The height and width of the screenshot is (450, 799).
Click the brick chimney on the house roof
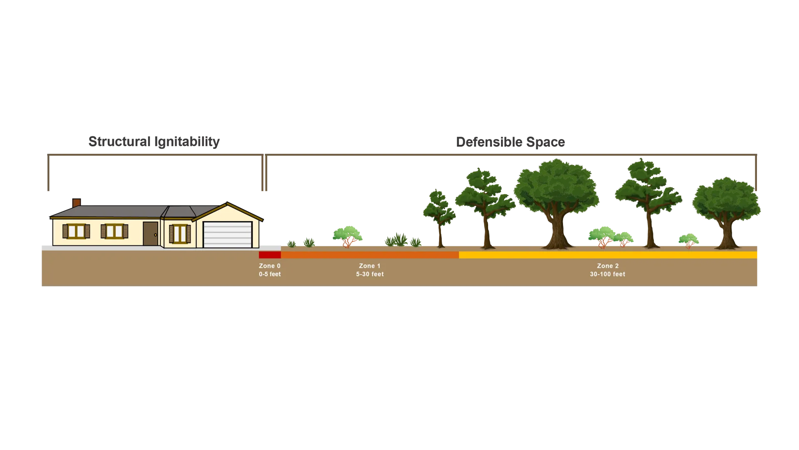pyautogui.click(x=77, y=202)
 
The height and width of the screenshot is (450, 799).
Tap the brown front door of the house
pyautogui.click(x=150, y=234)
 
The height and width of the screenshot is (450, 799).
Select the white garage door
pyautogui.click(x=228, y=235)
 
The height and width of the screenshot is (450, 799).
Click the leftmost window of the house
pyautogui.click(x=76, y=231)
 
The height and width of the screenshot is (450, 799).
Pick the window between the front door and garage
pyautogui.click(x=180, y=234)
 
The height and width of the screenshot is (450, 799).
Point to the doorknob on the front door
pyautogui.click(x=155, y=235)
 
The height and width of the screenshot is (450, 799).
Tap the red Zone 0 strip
pyautogui.click(x=270, y=255)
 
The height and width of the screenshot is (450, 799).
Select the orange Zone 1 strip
pyautogui.click(x=370, y=255)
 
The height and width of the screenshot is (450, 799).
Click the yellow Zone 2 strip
pyautogui.click(x=608, y=255)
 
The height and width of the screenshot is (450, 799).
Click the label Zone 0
pyautogui.click(x=270, y=266)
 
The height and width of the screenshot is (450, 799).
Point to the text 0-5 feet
pyautogui.click(x=270, y=274)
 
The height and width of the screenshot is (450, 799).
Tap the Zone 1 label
pyautogui.click(x=370, y=266)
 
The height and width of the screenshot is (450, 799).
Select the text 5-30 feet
pyautogui.click(x=370, y=274)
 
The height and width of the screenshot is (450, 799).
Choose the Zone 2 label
pyautogui.click(x=608, y=266)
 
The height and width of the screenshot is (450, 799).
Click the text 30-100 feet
pyautogui.click(x=608, y=274)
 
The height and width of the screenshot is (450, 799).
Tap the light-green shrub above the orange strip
pyautogui.click(x=347, y=235)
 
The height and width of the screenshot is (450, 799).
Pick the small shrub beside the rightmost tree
pyautogui.click(x=689, y=240)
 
